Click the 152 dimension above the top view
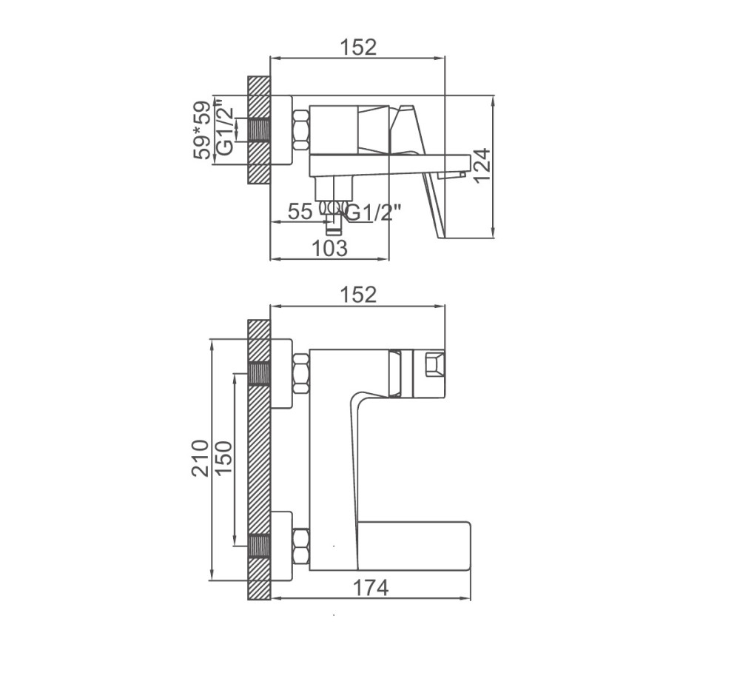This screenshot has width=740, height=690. (x=358, y=47)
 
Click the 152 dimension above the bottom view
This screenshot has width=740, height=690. (x=358, y=295)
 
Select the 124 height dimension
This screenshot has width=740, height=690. (x=482, y=167)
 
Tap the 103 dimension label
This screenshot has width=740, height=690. (x=329, y=248)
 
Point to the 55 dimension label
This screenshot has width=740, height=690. (x=300, y=211)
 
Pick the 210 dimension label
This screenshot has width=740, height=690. (x=200, y=458)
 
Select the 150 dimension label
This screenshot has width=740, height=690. (x=223, y=458)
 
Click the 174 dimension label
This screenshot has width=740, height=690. (x=371, y=588)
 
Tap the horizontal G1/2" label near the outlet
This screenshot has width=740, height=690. (x=374, y=213)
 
